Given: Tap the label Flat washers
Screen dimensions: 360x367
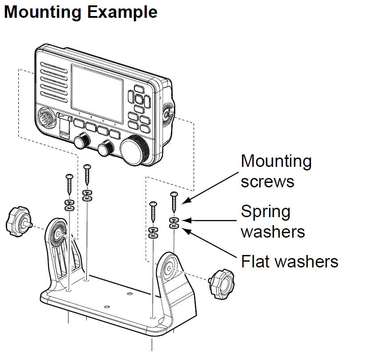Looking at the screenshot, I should point(290,261).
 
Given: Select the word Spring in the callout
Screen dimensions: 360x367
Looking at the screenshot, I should point(266,212).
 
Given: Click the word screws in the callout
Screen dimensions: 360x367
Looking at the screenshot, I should point(267,181).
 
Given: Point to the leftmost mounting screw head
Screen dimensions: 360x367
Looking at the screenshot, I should point(69,177).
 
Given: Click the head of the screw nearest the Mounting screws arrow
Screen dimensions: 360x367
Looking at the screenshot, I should point(173,194).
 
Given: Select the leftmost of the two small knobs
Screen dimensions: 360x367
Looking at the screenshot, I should point(81,142).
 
